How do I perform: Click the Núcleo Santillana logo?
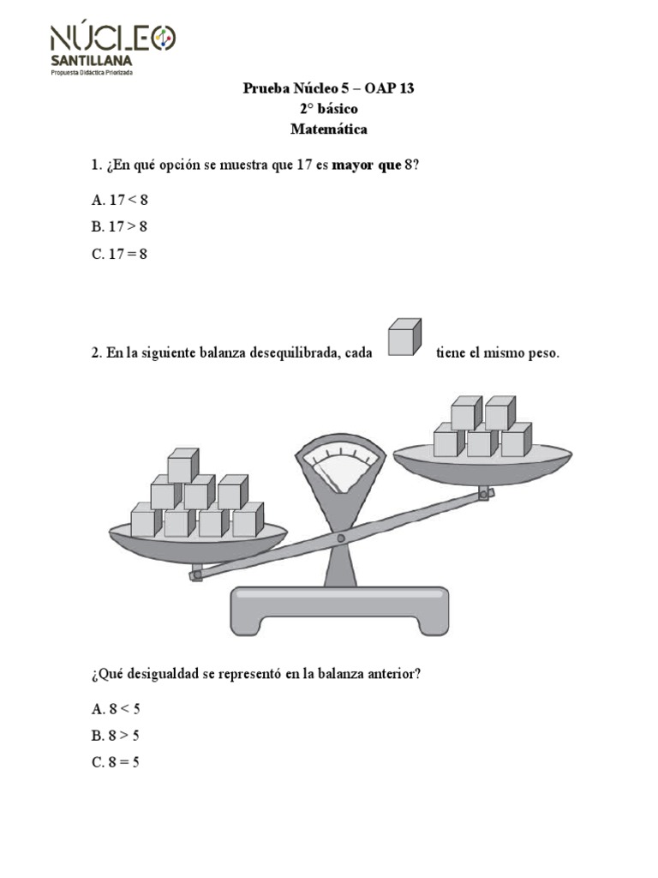click(x=112, y=48)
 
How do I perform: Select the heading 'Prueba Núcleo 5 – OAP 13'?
click(x=329, y=88)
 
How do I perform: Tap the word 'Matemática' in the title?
click(x=329, y=130)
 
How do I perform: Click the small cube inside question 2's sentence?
click(x=404, y=337)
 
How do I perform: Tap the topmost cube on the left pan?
click(x=182, y=466)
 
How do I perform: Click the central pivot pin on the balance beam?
click(x=340, y=538)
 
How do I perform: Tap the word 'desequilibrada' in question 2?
click(x=291, y=353)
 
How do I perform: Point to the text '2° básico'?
click(x=329, y=110)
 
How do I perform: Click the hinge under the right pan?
click(x=485, y=493)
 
